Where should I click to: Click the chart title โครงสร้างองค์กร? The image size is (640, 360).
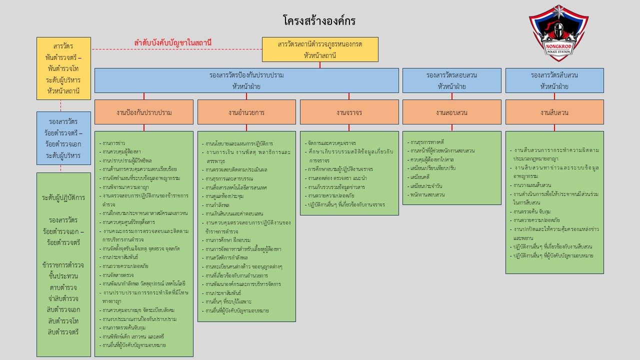[319, 21]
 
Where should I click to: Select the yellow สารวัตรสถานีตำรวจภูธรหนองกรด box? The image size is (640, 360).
[320, 49]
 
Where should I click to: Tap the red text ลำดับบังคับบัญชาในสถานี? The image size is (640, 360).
[172, 43]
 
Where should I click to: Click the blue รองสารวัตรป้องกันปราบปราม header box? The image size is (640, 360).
[246, 80]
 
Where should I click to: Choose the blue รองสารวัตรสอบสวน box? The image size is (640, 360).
[451, 80]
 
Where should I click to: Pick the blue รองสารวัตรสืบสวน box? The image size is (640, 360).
[554, 80]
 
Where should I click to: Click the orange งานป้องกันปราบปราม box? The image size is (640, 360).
[144, 112]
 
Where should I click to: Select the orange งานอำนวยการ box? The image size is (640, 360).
[246, 112]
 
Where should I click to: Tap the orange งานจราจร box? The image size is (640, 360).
[349, 112]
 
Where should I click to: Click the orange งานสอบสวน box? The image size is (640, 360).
[451, 112]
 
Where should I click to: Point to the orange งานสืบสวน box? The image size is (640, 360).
[554, 112]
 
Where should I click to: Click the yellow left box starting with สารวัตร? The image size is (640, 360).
[64, 68]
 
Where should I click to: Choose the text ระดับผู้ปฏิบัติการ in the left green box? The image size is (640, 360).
[64, 197]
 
